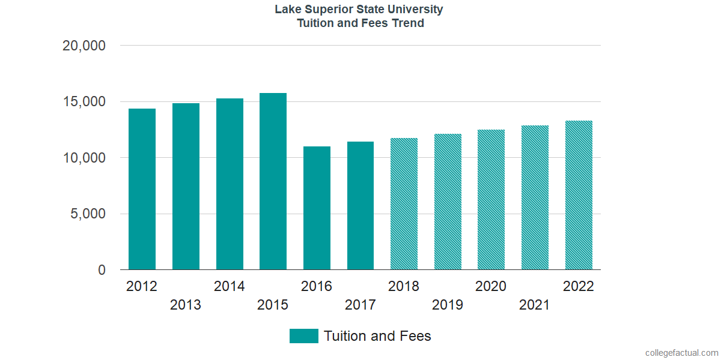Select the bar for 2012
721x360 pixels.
[x=142, y=189]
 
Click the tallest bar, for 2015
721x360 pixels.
[x=273, y=181]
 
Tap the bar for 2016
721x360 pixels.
[x=317, y=208]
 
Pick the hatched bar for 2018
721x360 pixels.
[x=404, y=204]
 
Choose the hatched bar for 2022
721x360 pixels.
[x=579, y=195]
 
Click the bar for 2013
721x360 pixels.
[x=186, y=187]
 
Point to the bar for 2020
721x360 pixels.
[x=491, y=200]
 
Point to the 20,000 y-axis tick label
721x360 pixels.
[x=84, y=46]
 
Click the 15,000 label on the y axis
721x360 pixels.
[x=84, y=102]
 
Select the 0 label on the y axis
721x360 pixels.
[x=102, y=271]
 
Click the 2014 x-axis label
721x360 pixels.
[x=229, y=287]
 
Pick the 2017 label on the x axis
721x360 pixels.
[x=360, y=305]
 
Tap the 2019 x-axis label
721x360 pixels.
[x=448, y=305]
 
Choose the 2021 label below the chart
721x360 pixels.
[x=535, y=305]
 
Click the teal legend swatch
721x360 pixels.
[x=303, y=336]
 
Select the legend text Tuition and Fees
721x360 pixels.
[x=377, y=336]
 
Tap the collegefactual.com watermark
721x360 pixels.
[x=681, y=353]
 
